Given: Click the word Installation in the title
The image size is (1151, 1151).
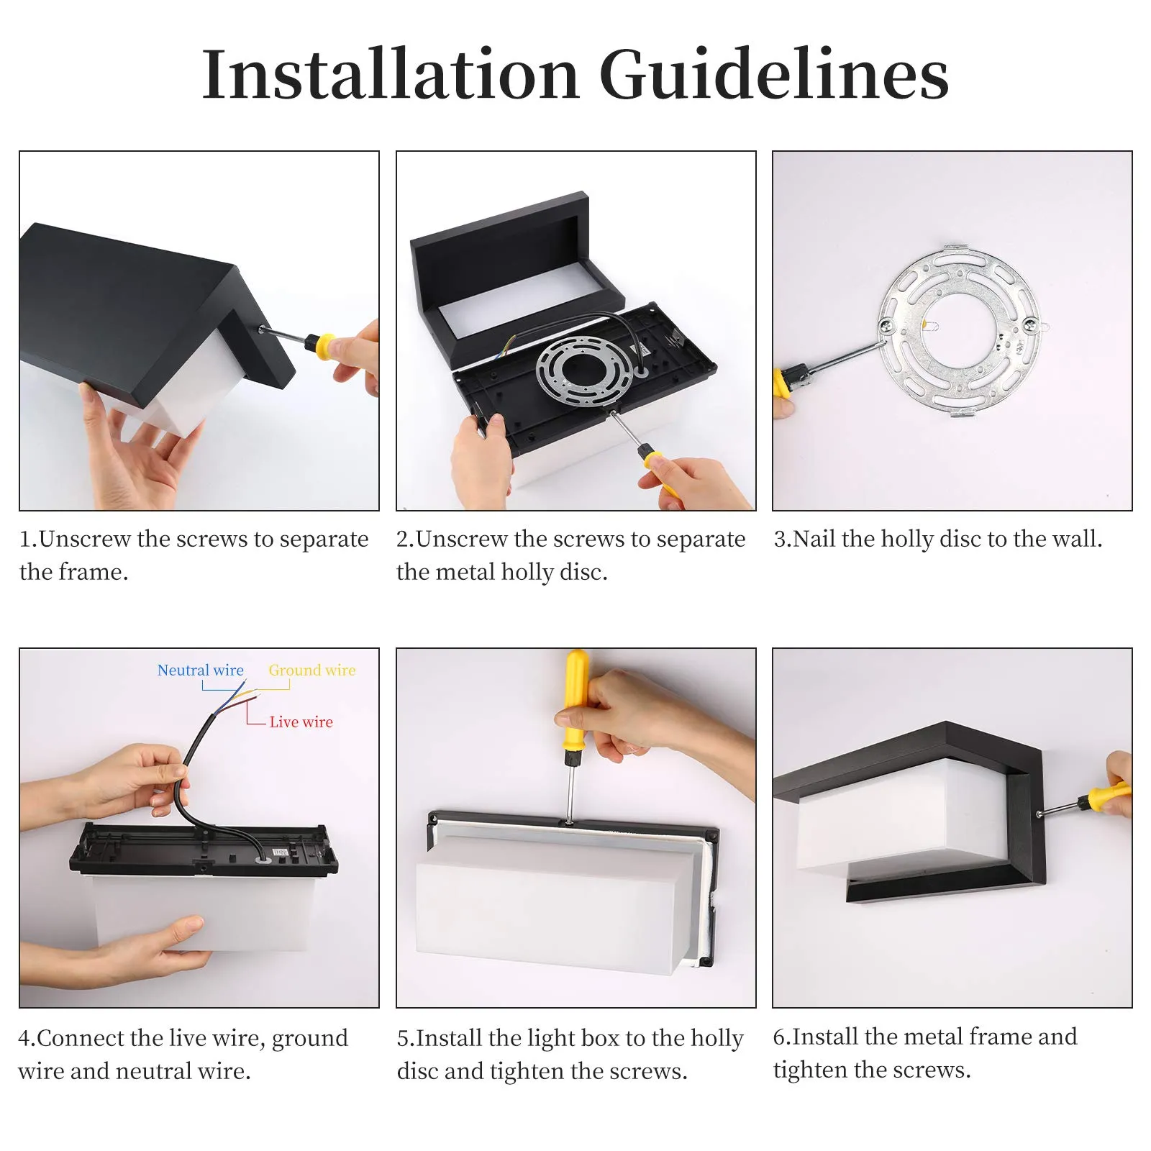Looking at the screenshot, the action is pyautogui.click(x=391, y=74).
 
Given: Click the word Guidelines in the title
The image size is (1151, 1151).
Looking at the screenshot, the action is pyautogui.click(x=774, y=74).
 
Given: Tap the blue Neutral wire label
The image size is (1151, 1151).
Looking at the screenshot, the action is pyautogui.click(x=200, y=670).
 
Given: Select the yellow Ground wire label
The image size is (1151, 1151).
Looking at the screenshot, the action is pyautogui.click(x=312, y=670).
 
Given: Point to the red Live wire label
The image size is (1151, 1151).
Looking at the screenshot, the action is pyautogui.click(x=301, y=722).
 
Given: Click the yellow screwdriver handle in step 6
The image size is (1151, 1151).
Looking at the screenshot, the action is pyautogui.click(x=1108, y=796).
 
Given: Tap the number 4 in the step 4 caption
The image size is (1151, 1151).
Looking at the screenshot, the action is pyautogui.click(x=25, y=1038).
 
